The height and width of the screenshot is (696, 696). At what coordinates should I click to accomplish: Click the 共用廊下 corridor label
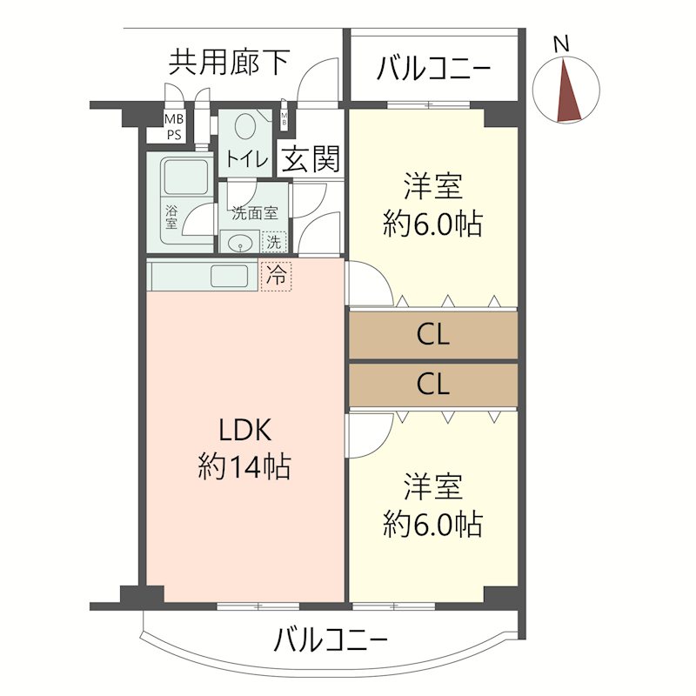pos(229,63)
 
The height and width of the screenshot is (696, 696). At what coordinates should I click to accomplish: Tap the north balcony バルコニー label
pos(434,69)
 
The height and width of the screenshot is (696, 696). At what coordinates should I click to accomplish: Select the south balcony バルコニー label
pos(331,642)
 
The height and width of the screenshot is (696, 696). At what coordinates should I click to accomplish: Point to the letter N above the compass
pos(562,43)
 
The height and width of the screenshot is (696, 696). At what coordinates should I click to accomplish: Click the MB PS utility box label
pos(175,127)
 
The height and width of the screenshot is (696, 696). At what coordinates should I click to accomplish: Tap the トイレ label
pos(247,159)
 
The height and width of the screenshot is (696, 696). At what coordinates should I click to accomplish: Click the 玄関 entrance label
pos(311,160)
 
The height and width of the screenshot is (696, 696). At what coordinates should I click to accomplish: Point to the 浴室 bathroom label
pos(171,216)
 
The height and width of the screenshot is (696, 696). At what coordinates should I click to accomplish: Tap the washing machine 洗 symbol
pos(273,241)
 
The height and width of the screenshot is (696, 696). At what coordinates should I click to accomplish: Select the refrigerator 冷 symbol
pos(277,276)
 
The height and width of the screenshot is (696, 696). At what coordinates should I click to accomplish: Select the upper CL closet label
pos(432,336)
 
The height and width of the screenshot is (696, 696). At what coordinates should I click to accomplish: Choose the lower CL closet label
pos(432,384)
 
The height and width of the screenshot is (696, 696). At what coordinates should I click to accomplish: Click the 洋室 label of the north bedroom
pos(432,187)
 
